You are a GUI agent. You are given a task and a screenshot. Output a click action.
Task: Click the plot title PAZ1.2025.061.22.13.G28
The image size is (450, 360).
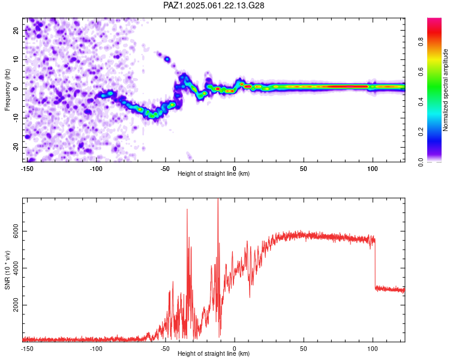point(214,5)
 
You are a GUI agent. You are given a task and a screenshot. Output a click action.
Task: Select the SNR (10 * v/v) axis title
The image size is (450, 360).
point(7,269)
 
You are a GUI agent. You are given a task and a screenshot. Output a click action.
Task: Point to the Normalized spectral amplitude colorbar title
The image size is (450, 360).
point(446,90)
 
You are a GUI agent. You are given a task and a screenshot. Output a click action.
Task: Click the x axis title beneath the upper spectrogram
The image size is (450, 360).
point(214,174)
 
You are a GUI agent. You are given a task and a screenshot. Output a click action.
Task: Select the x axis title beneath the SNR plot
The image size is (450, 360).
point(214,354)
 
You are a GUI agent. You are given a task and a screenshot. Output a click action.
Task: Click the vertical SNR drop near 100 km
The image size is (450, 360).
point(376,264)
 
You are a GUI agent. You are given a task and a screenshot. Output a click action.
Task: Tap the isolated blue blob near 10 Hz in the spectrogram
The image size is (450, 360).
point(167,59)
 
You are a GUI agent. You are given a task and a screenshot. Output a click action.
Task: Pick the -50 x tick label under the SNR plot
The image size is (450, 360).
point(165,348)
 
